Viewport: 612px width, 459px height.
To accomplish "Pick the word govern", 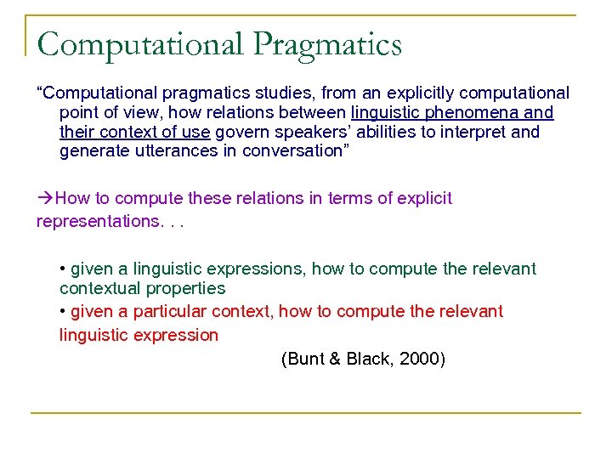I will [240, 132].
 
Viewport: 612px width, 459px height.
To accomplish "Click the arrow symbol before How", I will [44, 198].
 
